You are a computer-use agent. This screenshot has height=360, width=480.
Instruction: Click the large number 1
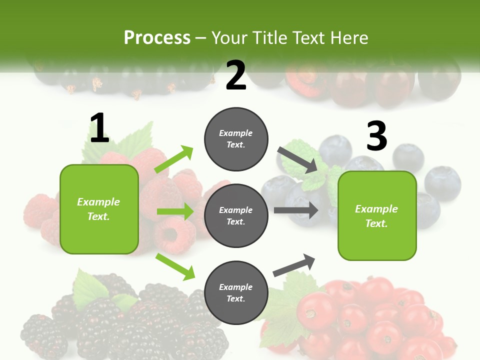(x=99, y=128)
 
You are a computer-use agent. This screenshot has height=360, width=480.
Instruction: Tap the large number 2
(x=236, y=75)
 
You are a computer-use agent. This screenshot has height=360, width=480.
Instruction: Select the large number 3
(x=376, y=136)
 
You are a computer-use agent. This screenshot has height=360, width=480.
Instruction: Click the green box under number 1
(x=99, y=209)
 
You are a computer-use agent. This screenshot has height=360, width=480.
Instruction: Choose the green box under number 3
(x=377, y=216)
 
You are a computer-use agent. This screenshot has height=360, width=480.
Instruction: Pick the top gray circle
(x=236, y=139)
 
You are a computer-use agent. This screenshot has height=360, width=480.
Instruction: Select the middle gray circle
(x=236, y=216)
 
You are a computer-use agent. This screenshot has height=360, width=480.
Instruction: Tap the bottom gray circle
(x=236, y=293)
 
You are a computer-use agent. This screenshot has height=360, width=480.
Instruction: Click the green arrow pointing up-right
(x=174, y=159)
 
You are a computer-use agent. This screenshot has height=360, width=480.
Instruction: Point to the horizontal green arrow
(x=175, y=211)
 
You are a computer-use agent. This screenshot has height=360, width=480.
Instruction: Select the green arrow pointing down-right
(x=175, y=266)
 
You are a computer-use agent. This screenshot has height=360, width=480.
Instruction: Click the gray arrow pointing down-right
(x=297, y=159)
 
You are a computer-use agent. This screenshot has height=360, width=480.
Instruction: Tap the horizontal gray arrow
(x=296, y=210)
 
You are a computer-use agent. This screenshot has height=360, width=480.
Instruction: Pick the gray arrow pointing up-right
(x=294, y=265)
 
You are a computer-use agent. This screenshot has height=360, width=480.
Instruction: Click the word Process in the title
(x=157, y=37)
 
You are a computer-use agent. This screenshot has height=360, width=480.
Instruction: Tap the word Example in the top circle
(x=236, y=133)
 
